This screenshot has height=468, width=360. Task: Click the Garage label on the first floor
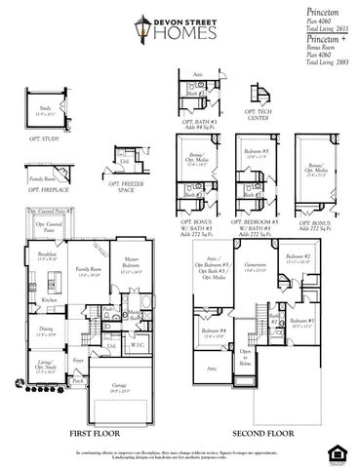(120, 387)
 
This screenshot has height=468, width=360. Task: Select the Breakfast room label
(46, 254)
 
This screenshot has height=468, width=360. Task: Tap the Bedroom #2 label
(300, 259)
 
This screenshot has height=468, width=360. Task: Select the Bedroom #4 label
(215, 334)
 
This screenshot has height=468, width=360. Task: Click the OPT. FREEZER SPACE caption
(128, 186)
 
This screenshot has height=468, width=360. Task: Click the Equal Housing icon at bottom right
(341, 451)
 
